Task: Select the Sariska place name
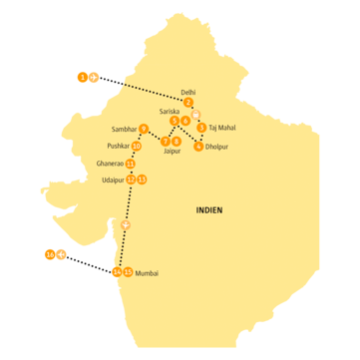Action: pos(171,112)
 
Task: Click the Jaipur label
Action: pos(172,152)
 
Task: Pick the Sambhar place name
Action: pos(128,129)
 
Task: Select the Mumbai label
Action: pos(146,272)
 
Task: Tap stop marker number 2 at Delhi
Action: pos(188,102)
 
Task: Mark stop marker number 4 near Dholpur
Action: pos(198,147)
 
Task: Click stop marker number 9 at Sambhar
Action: pos(145,128)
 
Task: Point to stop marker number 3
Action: pos(202,128)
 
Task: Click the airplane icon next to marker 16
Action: pos(62,255)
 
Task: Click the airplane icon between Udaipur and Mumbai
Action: pos(125,224)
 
